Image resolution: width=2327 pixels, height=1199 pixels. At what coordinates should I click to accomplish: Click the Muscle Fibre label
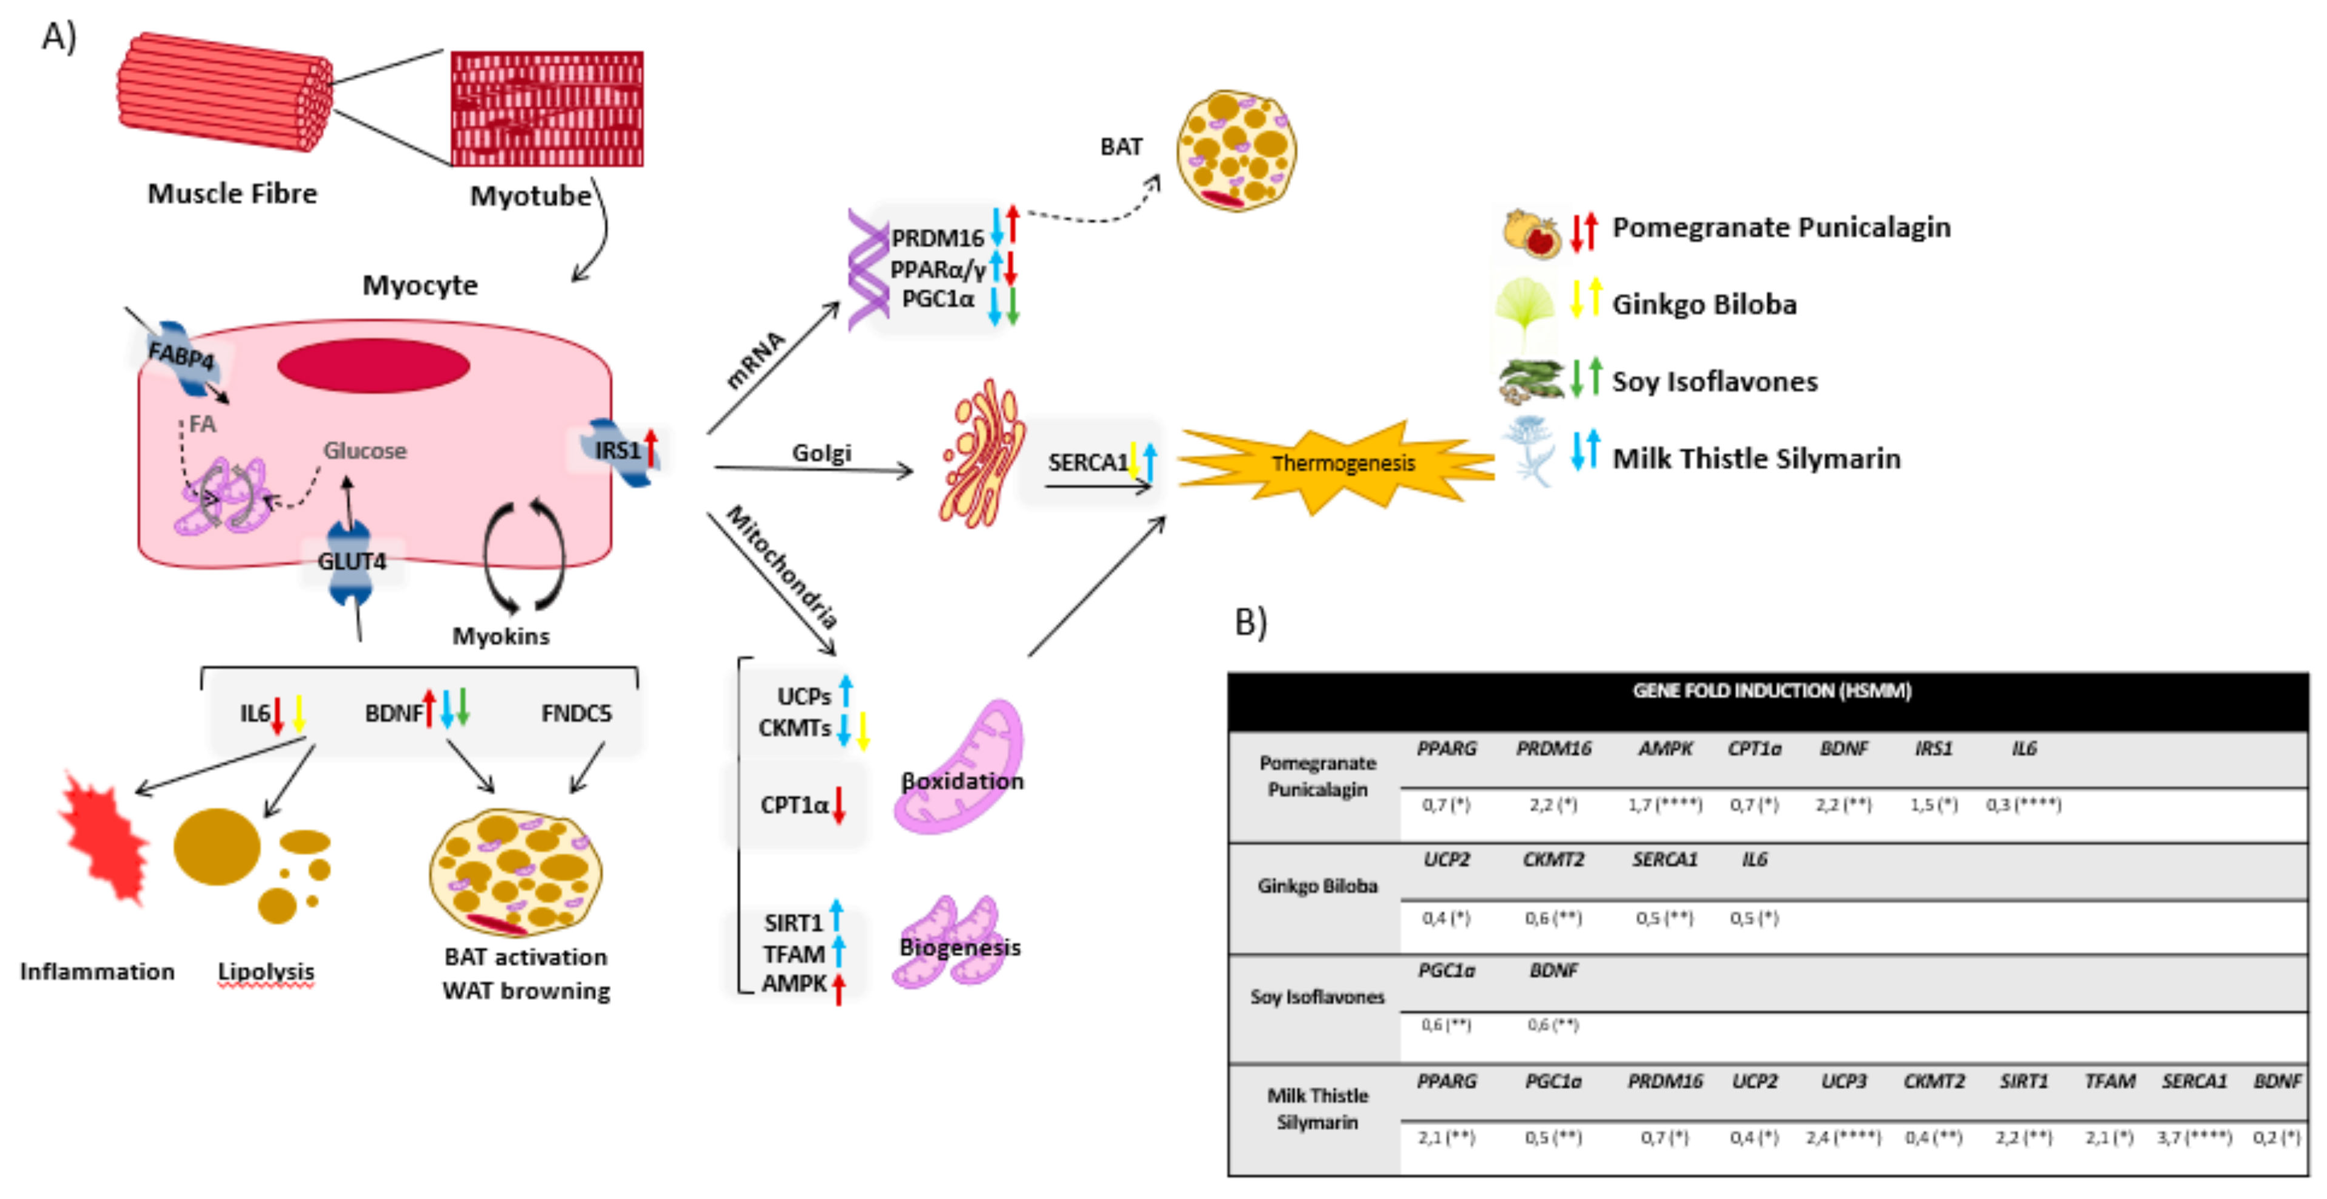[x=232, y=194]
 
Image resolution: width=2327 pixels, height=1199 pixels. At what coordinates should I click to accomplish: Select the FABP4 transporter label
[x=181, y=355]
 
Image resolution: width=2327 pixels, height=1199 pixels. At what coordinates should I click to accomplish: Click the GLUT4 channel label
[x=351, y=561]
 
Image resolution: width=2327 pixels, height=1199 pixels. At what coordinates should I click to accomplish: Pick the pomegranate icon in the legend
[x=1531, y=232]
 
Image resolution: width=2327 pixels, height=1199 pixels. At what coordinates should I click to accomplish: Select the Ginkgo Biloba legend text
[x=1704, y=304]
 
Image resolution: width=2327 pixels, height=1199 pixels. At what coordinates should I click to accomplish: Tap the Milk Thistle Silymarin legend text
[x=1756, y=459]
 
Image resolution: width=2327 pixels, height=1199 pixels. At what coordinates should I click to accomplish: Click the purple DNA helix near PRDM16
[x=868, y=269]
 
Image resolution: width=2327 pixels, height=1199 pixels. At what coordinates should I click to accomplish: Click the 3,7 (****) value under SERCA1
[x=2193, y=1137]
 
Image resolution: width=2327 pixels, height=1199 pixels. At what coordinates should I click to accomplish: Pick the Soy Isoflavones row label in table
[x=1317, y=996]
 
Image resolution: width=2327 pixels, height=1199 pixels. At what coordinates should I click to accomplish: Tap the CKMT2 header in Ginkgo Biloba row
[x=1553, y=859]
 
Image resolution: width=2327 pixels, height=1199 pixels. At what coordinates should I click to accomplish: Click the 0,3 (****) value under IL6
[x=2023, y=804]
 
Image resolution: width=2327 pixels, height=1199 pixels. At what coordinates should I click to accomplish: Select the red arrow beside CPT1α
[x=838, y=805]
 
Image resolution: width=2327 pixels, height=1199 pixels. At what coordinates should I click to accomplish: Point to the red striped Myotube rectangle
[x=547, y=108]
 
